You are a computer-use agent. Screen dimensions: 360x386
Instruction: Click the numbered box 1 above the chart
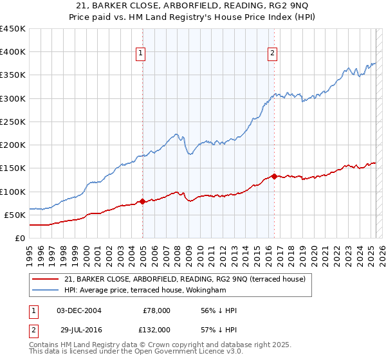pyautogui.click(x=140, y=54)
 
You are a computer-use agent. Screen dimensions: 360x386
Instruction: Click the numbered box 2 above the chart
pyautogui.click(x=273, y=54)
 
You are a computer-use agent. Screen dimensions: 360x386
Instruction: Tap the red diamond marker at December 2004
pyautogui.click(x=142, y=201)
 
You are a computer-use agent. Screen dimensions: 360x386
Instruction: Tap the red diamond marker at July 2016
pyautogui.click(x=275, y=176)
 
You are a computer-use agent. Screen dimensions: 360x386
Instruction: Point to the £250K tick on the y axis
pyautogui.click(x=13, y=122)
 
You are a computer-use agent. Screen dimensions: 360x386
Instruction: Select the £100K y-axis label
pyautogui.click(x=13, y=192)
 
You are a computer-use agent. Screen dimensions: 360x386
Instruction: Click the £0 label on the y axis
pyautogui.click(x=19, y=238)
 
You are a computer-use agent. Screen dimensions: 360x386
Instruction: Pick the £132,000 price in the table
pyautogui.click(x=156, y=329)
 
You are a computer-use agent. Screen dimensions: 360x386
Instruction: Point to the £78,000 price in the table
pyautogui.click(x=156, y=310)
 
